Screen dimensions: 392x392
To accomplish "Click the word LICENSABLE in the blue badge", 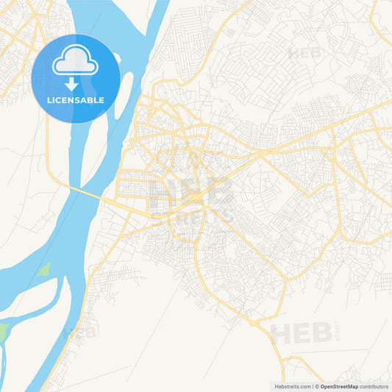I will (76, 100).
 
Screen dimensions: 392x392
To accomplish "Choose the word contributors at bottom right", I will (375, 386).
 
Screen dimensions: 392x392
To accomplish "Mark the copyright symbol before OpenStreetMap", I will (317, 386).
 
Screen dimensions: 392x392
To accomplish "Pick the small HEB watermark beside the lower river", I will (79, 332).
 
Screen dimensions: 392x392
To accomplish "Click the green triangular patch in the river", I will (44, 269).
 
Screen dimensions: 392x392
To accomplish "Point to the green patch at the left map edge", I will (3, 329).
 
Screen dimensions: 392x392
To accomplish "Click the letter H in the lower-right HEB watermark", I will (280, 334).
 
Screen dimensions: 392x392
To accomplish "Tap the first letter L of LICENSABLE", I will (49, 100).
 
